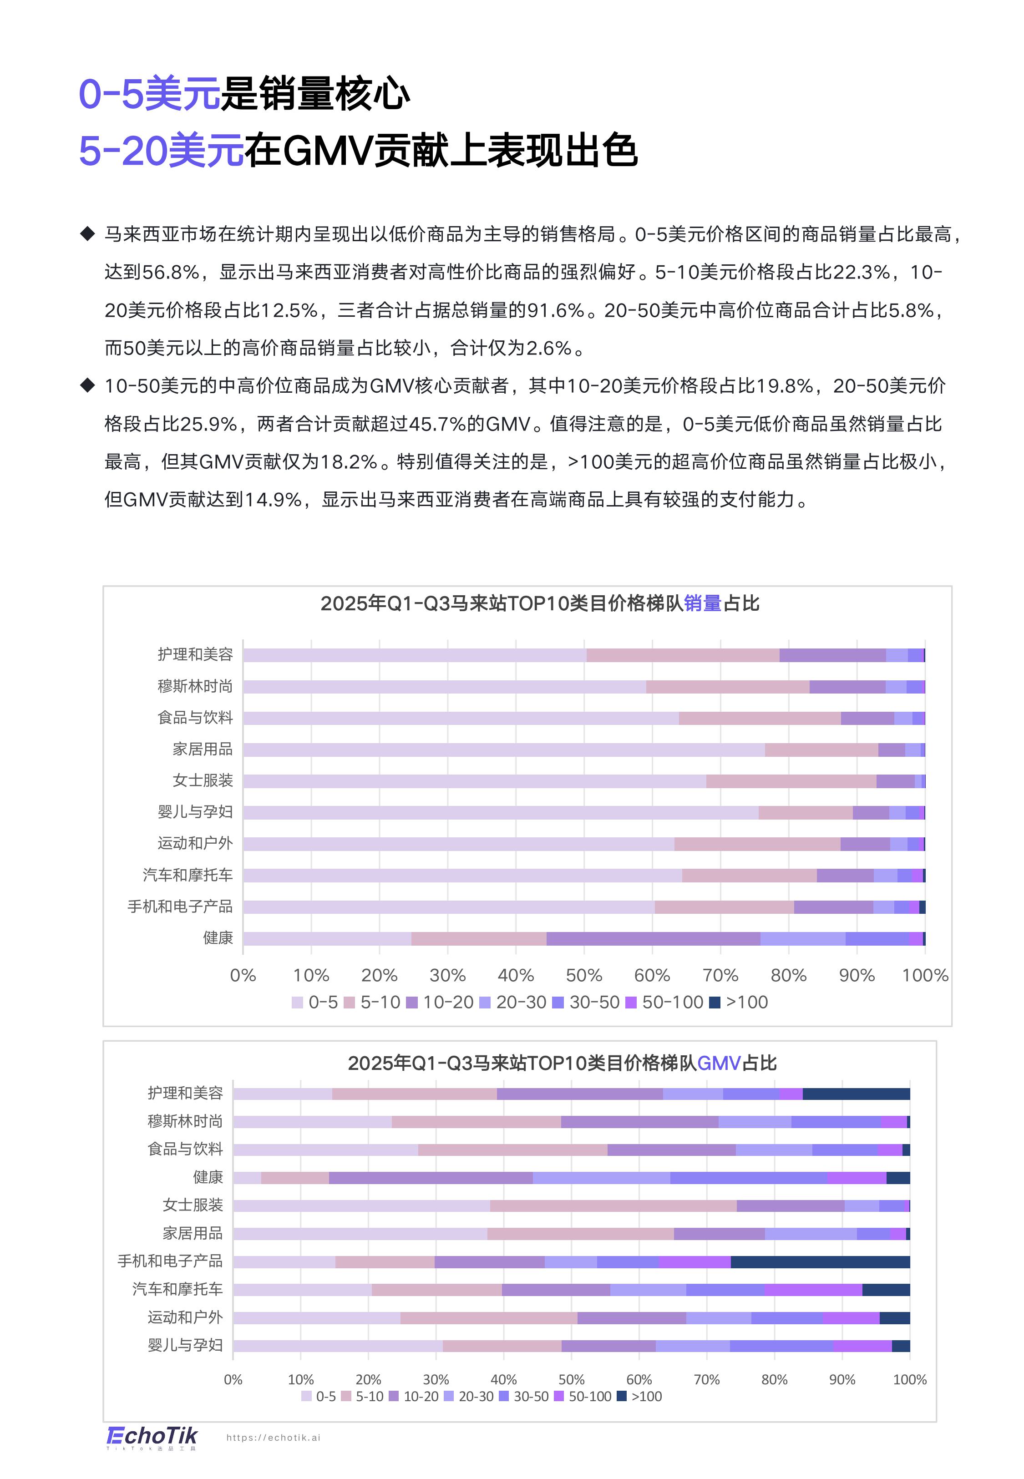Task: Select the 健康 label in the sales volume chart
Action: pos(218,937)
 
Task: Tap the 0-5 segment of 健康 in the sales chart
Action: pos(327,938)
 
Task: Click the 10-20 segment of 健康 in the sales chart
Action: pos(653,938)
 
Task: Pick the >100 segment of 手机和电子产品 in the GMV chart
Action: pos(820,1261)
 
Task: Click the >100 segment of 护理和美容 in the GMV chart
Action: pos(856,1094)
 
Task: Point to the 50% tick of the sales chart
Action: pos(584,976)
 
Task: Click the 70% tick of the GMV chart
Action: pos(706,1380)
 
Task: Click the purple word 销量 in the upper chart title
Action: pos(703,603)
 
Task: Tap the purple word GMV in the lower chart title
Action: pos(719,1064)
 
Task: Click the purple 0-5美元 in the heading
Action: pos(149,94)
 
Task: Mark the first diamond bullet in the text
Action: pos(87,233)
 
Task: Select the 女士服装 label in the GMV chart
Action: pos(193,1205)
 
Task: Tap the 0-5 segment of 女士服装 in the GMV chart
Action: pos(361,1206)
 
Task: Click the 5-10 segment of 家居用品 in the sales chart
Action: pos(821,749)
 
